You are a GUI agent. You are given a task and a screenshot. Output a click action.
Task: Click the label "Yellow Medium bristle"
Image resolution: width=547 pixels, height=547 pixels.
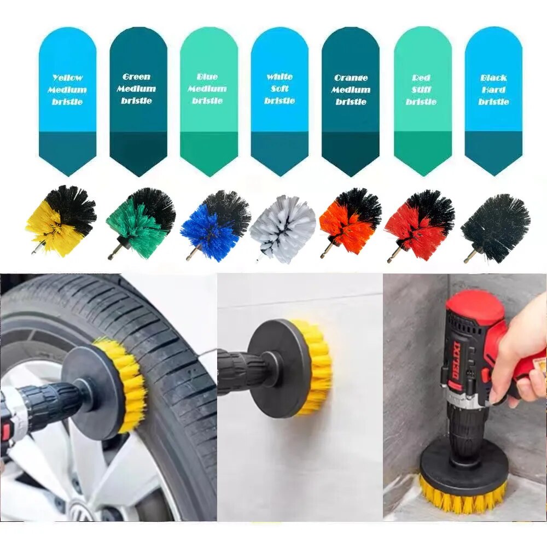tap(67, 90)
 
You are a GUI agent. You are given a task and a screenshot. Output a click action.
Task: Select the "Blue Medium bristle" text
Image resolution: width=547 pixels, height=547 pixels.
tap(207, 89)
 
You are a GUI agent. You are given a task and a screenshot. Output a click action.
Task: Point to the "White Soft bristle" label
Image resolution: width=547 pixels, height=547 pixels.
tap(280, 89)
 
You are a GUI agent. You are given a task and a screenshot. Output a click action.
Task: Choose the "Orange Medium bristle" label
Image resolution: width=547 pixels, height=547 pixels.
tap(351, 90)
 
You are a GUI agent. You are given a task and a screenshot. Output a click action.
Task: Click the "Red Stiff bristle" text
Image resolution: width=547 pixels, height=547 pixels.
tap(421, 90)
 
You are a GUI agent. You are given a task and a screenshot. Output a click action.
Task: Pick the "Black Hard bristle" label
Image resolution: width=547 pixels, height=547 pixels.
tap(493, 90)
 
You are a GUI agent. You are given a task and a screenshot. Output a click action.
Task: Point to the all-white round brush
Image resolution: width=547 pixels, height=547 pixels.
tap(283, 227)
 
